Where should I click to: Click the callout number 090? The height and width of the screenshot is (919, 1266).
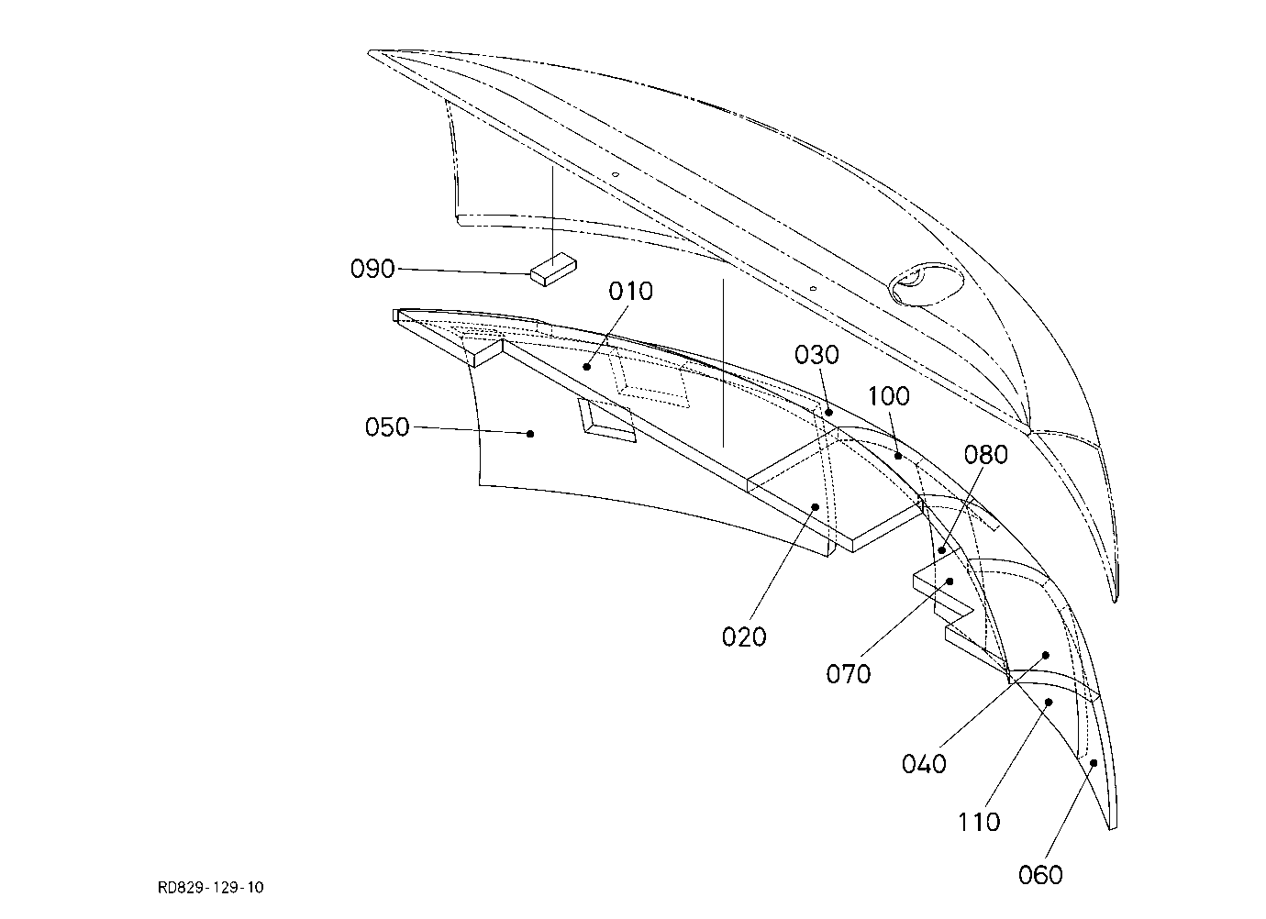(372, 269)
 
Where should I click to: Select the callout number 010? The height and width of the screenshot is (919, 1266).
(631, 291)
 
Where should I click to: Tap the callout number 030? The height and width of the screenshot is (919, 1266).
(816, 355)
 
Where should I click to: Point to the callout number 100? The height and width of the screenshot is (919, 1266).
(888, 396)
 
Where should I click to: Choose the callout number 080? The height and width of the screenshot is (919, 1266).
(986, 454)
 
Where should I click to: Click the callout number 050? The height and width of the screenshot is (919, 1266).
(387, 427)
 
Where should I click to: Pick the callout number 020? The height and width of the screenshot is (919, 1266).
(744, 637)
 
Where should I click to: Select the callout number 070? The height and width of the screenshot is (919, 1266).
(849, 674)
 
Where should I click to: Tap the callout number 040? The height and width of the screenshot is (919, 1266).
(924, 764)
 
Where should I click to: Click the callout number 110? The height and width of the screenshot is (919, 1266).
(979, 822)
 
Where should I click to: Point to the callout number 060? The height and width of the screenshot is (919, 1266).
(1040, 875)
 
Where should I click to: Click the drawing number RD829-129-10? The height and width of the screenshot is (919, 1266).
(211, 887)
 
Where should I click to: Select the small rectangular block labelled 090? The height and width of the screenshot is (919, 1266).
(554, 269)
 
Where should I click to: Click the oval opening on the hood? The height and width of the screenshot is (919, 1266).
(926, 283)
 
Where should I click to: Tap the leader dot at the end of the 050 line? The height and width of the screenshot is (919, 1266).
(530, 434)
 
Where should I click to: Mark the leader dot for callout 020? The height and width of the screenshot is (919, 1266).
(816, 507)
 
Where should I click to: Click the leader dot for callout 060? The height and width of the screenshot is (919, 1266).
(1094, 763)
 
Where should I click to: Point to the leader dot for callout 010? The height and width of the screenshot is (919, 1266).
(586, 367)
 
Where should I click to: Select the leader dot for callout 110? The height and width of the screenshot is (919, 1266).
(1049, 702)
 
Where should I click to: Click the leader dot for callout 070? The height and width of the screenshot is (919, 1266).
(950, 581)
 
